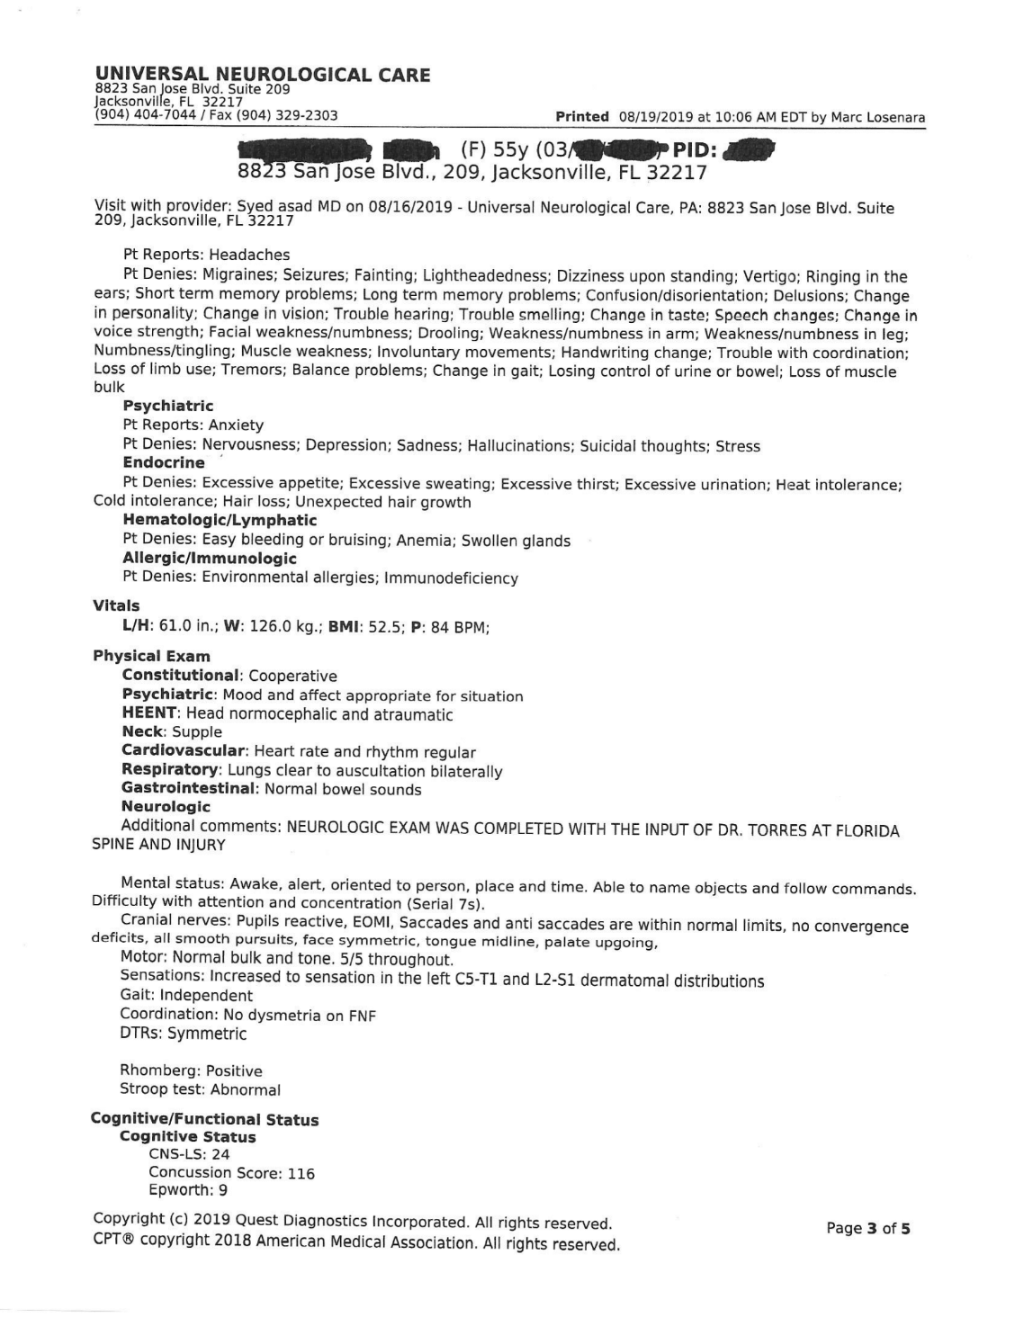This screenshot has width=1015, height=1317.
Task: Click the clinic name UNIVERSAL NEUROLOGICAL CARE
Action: point(263,75)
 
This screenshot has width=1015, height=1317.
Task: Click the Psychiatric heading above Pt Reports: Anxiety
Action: point(168,406)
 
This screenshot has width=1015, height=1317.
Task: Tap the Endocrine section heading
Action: point(164,462)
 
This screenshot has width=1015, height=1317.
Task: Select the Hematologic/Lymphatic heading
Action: point(220,520)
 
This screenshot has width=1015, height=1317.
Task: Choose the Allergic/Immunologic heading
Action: point(210,558)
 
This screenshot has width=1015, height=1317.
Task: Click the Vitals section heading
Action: point(116,605)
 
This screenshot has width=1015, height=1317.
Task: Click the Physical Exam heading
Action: point(151,656)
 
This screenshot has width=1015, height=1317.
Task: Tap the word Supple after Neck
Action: point(197,732)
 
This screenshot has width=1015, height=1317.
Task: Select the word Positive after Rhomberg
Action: point(234,1071)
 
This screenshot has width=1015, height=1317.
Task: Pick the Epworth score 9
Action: point(221,1190)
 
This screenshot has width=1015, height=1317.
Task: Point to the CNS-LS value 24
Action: point(220,1155)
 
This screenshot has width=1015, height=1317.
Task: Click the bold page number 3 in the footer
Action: point(871,1228)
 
